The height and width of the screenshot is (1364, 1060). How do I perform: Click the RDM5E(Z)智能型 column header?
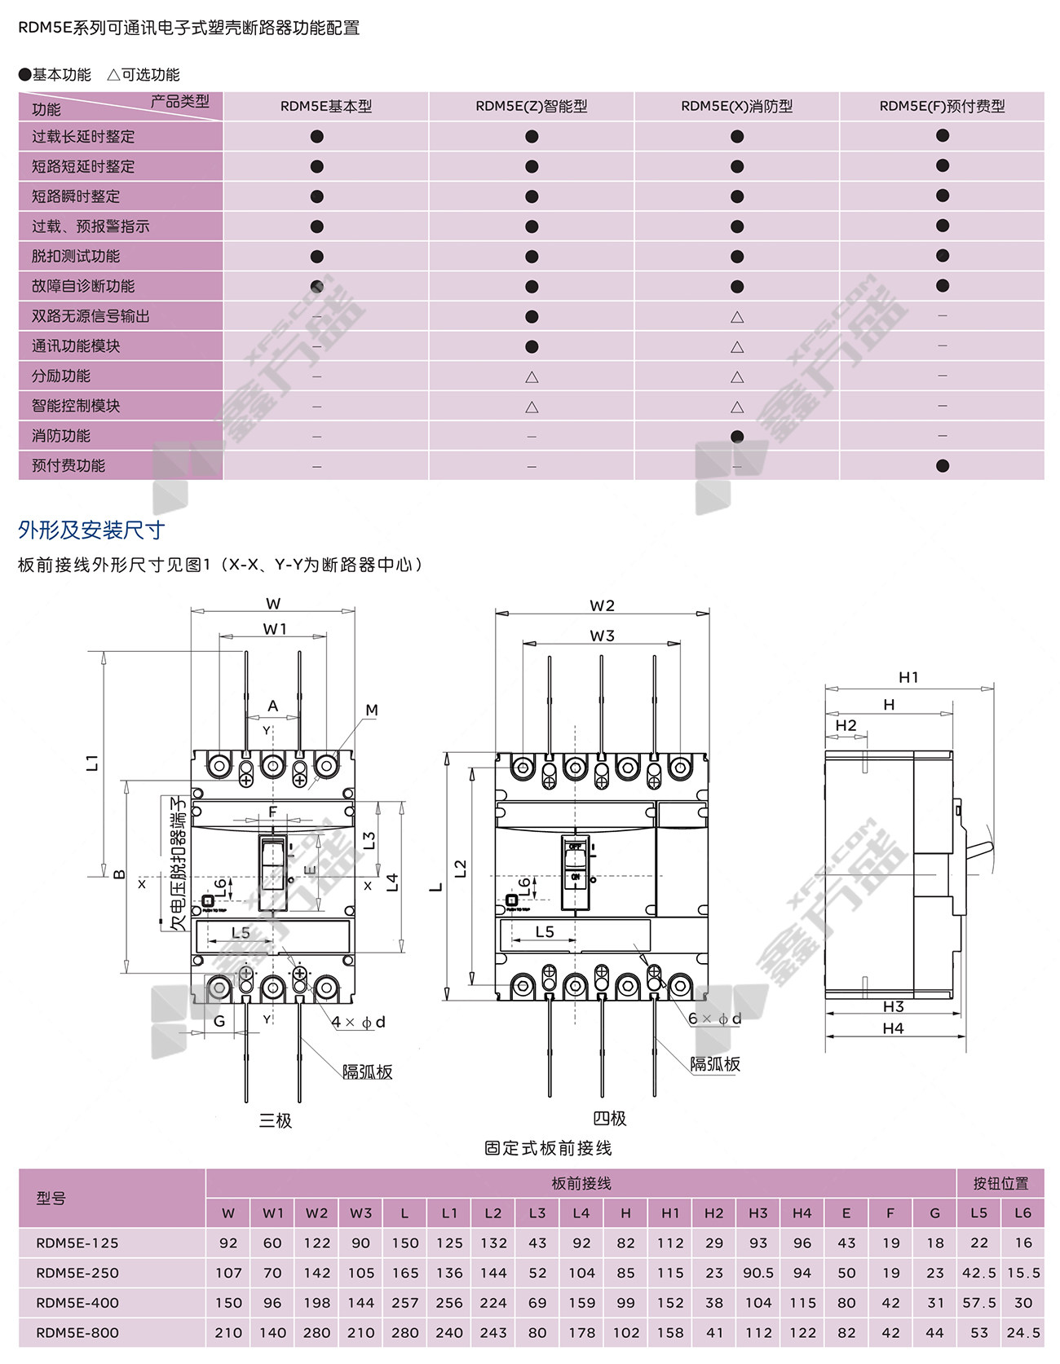pyautogui.click(x=531, y=107)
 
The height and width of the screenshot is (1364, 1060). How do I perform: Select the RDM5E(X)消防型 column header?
pyautogui.click(x=736, y=107)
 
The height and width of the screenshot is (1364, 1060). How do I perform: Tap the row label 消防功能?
pyautogui.click(x=61, y=436)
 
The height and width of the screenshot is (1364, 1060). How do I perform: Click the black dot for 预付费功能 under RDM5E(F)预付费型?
pyautogui.click(x=943, y=466)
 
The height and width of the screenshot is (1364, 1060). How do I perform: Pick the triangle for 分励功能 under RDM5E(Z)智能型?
pyautogui.click(x=532, y=377)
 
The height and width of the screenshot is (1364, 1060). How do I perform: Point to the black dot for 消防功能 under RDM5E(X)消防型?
pyautogui.click(x=737, y=436)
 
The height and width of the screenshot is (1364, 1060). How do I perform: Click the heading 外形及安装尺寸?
pyautogui.click(x=91, y=530)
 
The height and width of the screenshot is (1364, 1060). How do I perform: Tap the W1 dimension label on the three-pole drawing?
pyautogui.click(x=275, y=629)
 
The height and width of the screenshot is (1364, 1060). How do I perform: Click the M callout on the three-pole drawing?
pyautogui.click(x=372, y=710)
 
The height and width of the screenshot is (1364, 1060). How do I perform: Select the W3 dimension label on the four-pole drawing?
pyautogui.click(x=602, y=636)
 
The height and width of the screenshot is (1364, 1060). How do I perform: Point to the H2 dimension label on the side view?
pyautogui.click(x=846, y=725)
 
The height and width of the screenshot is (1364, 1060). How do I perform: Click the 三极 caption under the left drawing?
pyautogui.click(x=275, y=1120)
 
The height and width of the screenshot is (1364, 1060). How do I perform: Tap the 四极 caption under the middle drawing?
pyautogui.click(x=609, y=1119)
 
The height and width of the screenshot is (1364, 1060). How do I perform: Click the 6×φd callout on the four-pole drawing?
pyautogui.click(x=714, y=1019)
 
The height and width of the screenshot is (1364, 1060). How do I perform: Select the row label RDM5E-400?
pyautogui.click(x=77, y=1303)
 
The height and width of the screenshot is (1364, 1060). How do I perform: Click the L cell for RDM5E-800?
pyautogui.click(x=404, y=1333)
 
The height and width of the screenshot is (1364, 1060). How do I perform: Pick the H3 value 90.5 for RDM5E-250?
pyautogui.click(x=758, y=1273)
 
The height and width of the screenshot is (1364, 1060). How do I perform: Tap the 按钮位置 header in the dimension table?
pyautogui.click(x=1000, y=1183)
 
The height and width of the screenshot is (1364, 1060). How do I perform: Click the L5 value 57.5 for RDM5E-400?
pyautogui.click(x=978, y=1303)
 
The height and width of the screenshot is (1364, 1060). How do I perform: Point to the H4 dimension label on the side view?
pyautogui.click(x=893, y=1028)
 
